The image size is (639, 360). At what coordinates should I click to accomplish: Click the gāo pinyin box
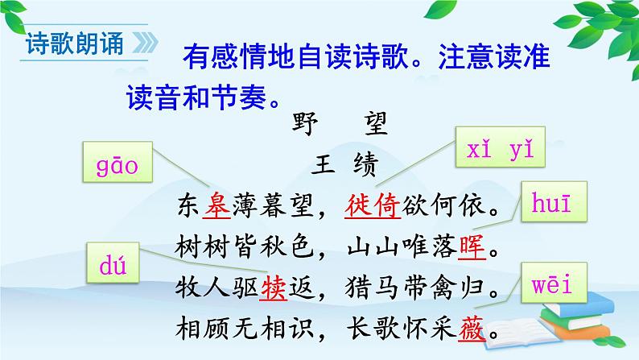click(x=117, y=168)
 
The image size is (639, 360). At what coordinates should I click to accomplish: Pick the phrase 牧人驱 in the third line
click(x=217, y=288)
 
